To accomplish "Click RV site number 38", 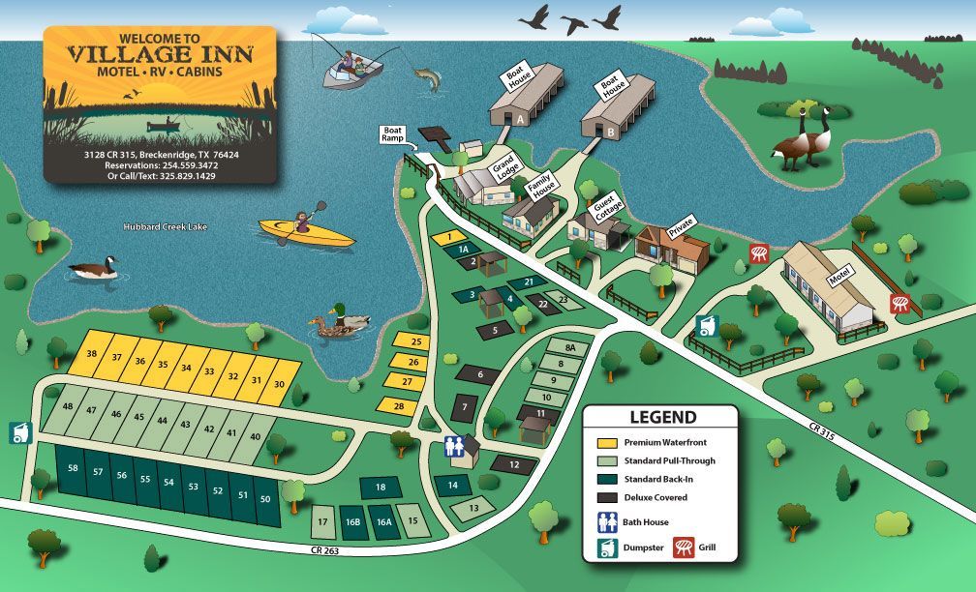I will [92, 354].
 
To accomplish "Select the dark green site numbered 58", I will [74, 468].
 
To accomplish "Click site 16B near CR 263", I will [352, 522].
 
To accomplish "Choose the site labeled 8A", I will [570, 346].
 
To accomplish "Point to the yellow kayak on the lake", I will [307, 230].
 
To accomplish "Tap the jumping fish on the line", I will [426, 78].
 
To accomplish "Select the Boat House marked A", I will [526, 96].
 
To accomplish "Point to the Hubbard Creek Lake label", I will [165, 227].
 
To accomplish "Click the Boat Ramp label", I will [393, 133].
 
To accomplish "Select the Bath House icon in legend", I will [606, 522].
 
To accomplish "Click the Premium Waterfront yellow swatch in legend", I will [606, 442].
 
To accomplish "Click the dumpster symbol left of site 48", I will [18, 432].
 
